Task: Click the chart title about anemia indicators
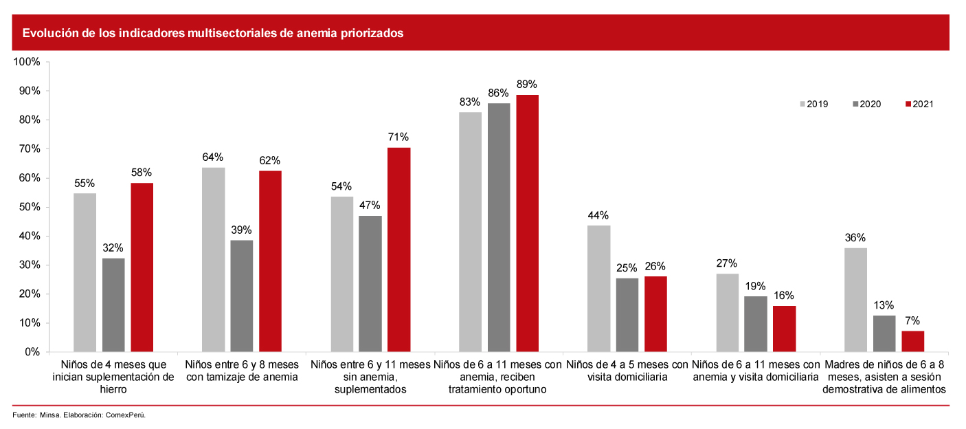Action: click(213, 33)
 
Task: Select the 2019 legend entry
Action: click(813, 104)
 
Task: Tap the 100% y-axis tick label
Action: click(25, 62)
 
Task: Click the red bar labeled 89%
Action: click(528, 223)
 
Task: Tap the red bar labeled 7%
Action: click(912, 341)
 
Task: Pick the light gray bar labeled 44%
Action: click(598, 288)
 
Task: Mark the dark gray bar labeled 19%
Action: click(756, 324)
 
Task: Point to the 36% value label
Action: click(855, 237)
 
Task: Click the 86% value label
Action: click(498, 93)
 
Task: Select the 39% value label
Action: click(241, 230)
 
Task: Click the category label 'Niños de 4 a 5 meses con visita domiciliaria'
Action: click(627, 370)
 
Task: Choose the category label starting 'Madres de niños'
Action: click(884, 376)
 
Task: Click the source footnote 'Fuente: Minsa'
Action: click(79, 415)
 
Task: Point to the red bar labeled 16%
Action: click(784, 329)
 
